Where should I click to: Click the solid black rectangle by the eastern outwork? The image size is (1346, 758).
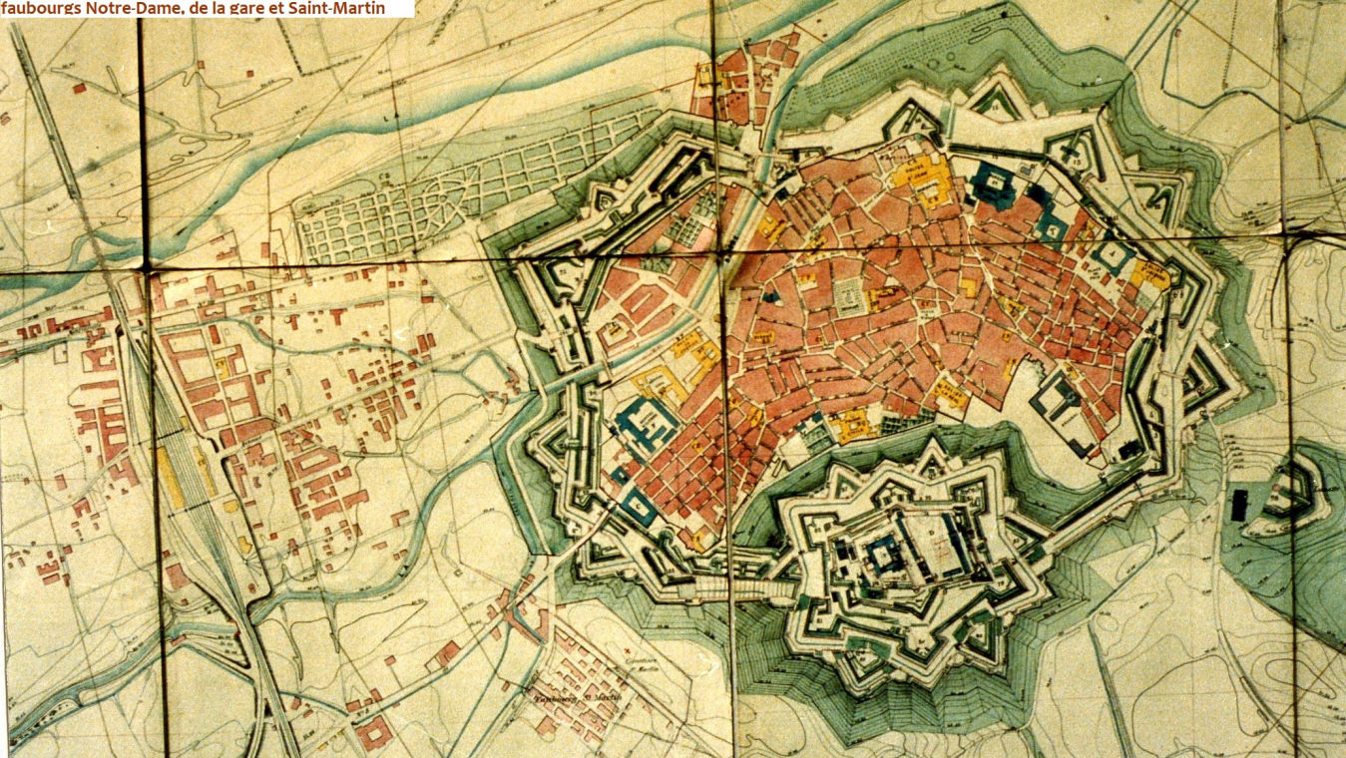tap(1240, 505)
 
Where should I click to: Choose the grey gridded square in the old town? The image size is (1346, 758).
tap(849, 297)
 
